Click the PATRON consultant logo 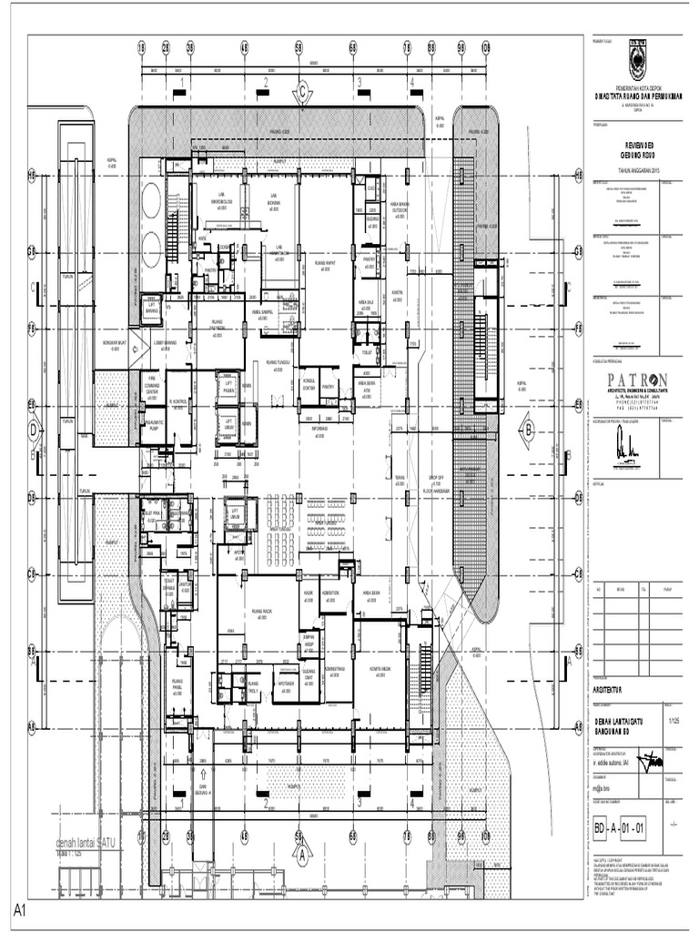pyautogui.click(x=632, y=380)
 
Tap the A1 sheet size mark pyautogui.click(x=18, y=909)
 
